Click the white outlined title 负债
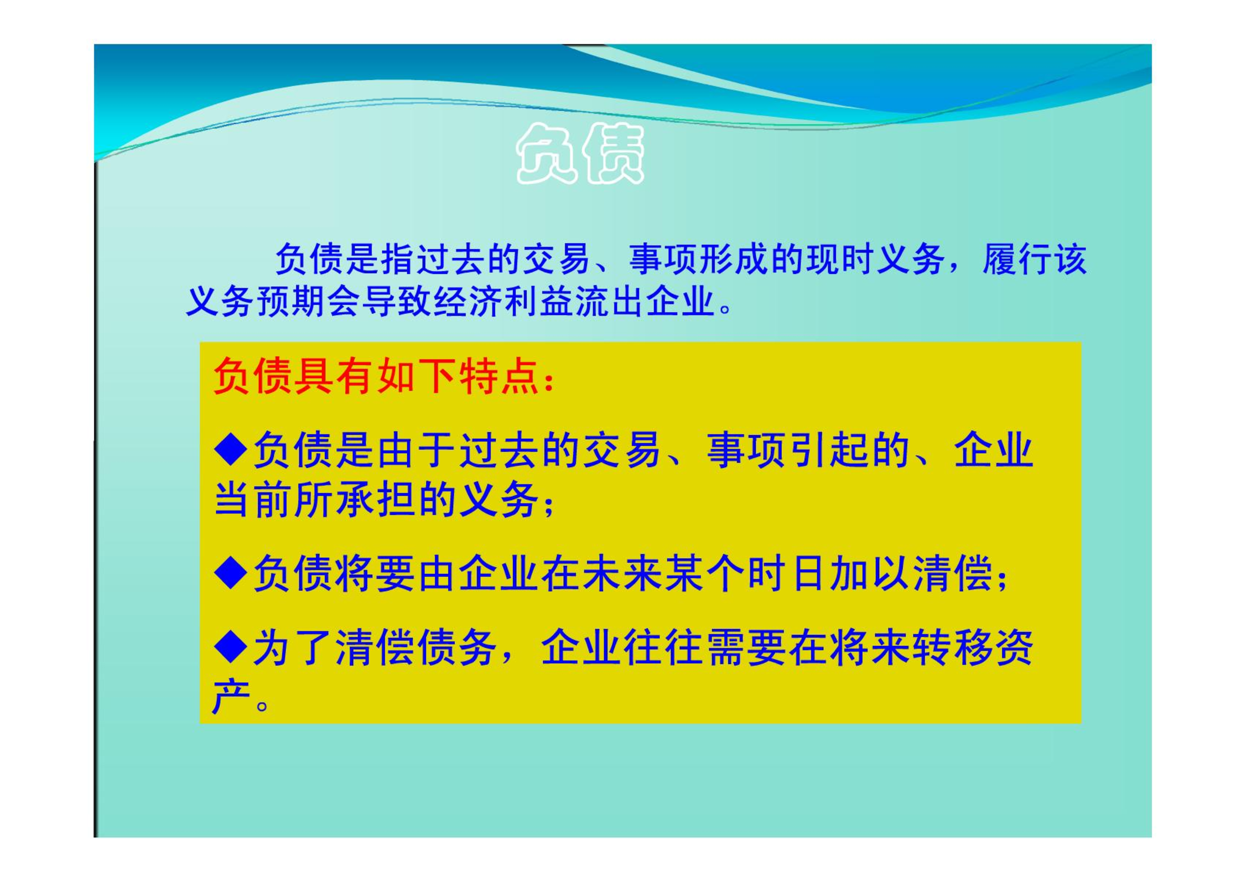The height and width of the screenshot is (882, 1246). pos(580,153)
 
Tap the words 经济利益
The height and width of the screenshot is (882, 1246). pos(504,302)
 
